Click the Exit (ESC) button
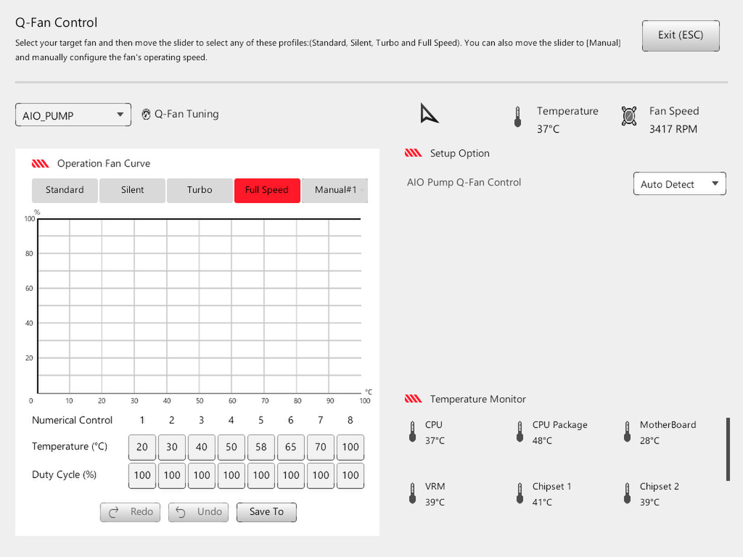[681, 36]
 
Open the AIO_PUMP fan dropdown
[73, 115]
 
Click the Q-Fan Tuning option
[180, 114]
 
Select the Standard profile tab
[65, 191]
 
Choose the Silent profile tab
[132, 191]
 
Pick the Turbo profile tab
[200, 191]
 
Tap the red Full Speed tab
[267, 191]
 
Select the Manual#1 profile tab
[334, 191]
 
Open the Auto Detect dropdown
[679, 183]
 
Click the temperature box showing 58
[261, 447]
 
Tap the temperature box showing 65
[290, 447]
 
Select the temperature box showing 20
[142, 447]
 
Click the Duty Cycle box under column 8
[350, 476]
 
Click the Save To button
[266, 512]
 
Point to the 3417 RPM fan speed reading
[673, 129]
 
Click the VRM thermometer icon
[412, 493]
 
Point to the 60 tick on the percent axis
[29, 289]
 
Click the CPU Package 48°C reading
[542, 441]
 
